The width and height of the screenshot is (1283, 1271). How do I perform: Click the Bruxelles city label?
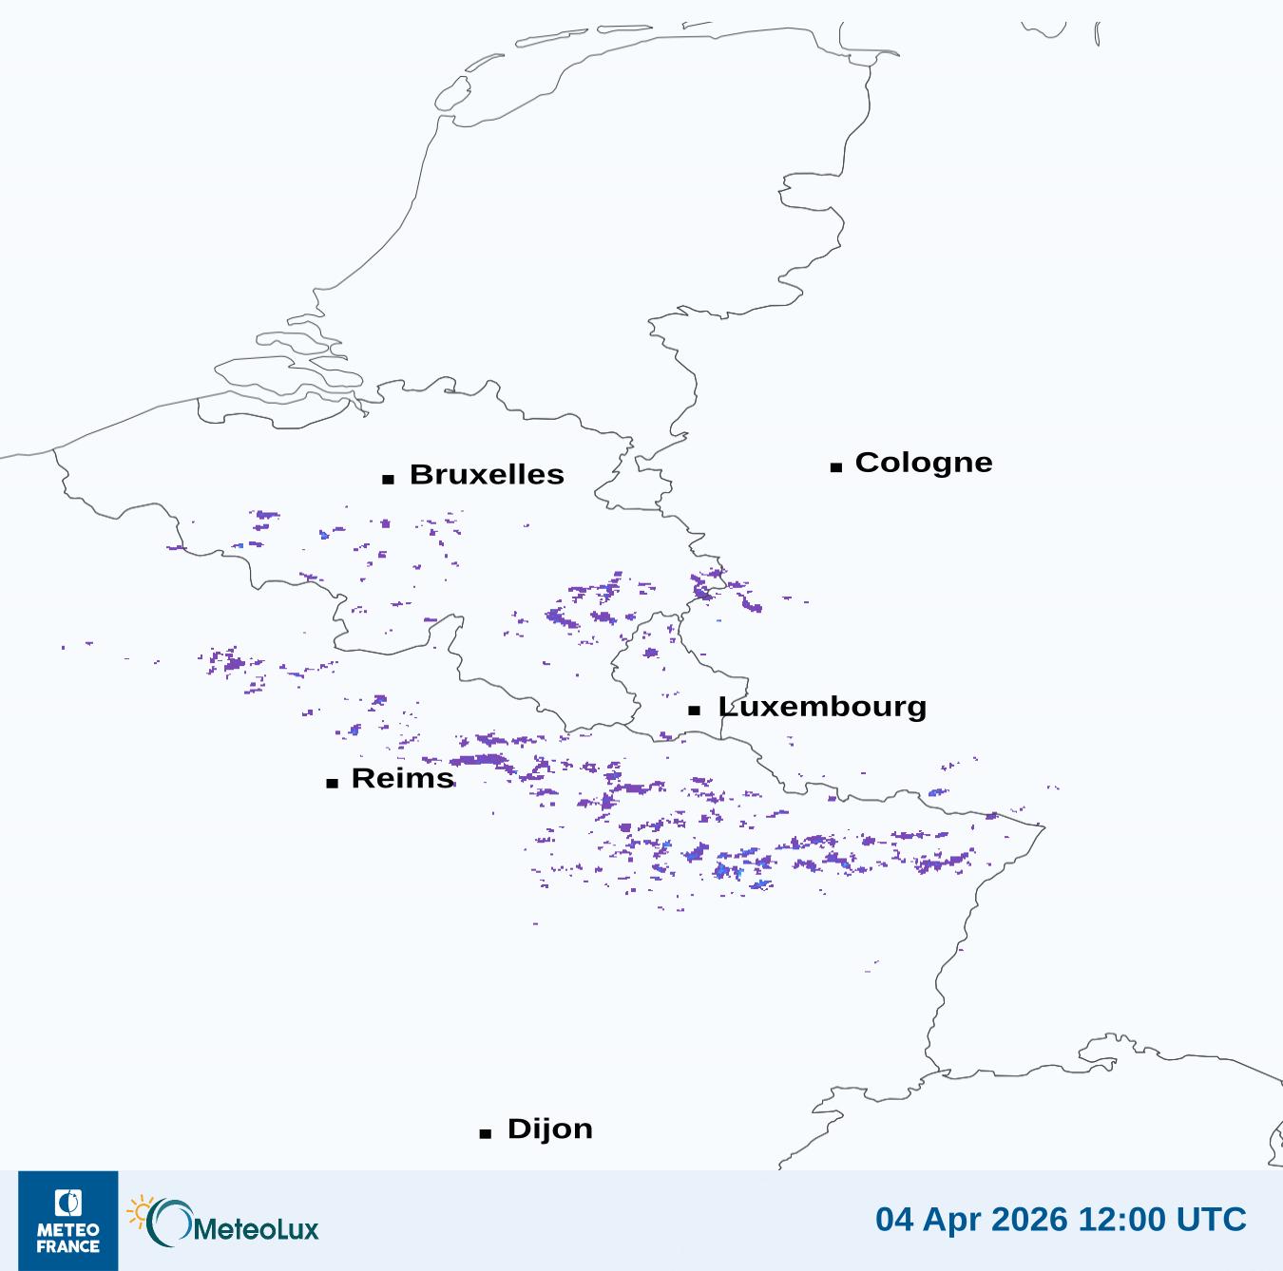tap(487, 474)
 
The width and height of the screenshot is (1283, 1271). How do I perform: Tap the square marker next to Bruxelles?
tap(388, 480)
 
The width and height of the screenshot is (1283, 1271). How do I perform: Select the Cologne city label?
tap(923, 463)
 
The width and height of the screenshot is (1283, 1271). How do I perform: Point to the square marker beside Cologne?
tap(836, 467)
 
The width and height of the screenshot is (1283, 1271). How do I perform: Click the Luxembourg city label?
tap(822, 707)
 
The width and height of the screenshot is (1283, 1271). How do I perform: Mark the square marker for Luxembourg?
tap(695, 711)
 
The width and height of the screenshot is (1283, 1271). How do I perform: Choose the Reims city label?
tap(403, 778)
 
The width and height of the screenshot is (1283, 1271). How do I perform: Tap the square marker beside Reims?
tap(332, 784)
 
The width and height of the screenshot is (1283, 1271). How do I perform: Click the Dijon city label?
tap(549, 1129)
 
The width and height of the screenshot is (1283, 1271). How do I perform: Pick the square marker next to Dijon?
tap(486, 1133)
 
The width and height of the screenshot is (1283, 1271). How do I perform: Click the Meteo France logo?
tap(68, 1221)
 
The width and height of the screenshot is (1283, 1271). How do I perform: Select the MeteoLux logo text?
tap(256, 1229)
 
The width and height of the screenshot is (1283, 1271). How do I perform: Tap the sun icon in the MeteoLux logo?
tap(140, 1211)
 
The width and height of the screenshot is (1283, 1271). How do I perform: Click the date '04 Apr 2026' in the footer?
tap(972, 1219)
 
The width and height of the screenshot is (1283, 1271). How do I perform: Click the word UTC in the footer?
tap(1212, 1219)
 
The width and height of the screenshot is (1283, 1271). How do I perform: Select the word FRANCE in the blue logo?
tap(68, 1246)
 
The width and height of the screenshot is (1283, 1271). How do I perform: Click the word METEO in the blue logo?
tap(68, 1231)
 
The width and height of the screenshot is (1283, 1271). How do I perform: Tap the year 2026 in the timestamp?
tap(1033, 1219)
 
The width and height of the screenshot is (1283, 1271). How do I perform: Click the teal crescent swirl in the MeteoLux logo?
tap(167, 1224)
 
